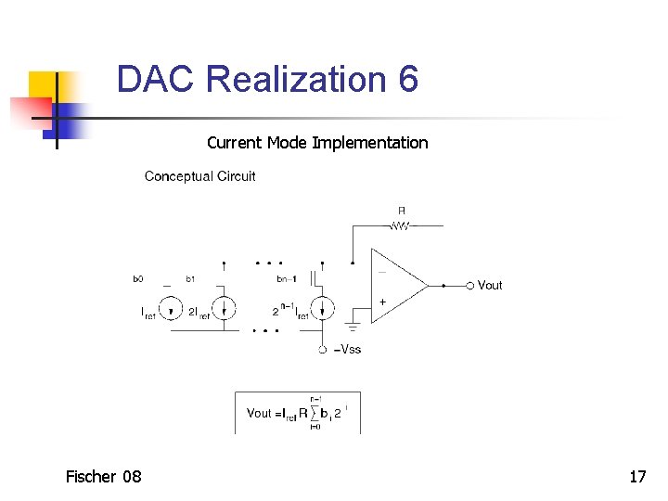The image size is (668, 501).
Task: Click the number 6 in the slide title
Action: (408, 79)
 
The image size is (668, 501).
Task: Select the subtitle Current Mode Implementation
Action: (317, 143)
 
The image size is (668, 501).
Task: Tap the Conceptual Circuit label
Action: (199, 176)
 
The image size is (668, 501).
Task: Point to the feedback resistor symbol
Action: (401, 225)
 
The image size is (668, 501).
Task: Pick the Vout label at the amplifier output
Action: (490, 285)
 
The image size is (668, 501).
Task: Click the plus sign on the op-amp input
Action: (382, 302)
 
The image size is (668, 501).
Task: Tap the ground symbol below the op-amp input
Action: (353, 326)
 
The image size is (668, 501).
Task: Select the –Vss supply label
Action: (347, 350)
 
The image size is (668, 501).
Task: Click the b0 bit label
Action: (138, 278)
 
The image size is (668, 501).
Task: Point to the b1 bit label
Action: (190, 278)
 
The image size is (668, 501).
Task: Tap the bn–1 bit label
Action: (288, 278)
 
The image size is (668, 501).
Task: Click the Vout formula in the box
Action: (296, 413)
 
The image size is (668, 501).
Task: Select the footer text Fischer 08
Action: (104, 477)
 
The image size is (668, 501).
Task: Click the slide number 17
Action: (637, 477)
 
